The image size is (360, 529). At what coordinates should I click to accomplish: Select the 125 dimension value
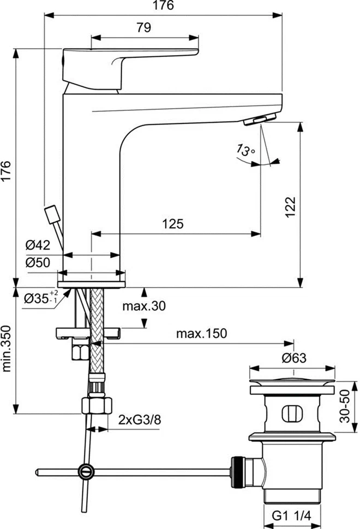[172, 223]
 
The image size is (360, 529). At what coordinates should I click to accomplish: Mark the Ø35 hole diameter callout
[41, 298]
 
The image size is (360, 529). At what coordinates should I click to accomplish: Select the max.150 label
[201, 334]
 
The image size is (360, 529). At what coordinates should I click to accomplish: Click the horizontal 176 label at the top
[162, 6]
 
